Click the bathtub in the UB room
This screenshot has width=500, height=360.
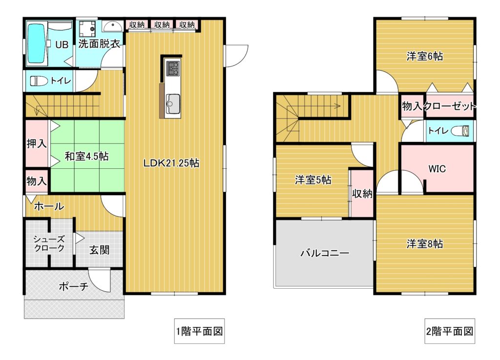coord(36,43)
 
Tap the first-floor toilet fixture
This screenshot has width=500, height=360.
coord(39,81)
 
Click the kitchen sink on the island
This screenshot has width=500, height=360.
coord(172,103)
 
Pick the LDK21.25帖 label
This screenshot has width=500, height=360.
coord(171,163)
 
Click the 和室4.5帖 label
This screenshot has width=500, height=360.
coord(86,156)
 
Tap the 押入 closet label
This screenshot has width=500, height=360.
coord(37,143)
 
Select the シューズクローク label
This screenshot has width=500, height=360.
coord(49,243)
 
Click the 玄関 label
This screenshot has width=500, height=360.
coord(99,250)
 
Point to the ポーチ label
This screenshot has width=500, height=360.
coord(74,286)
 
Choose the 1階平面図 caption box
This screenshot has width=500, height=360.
coord(199,331)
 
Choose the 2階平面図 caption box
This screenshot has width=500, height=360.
coord(450,331)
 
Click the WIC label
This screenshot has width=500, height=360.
coord(437,168)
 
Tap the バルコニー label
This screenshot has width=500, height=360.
coord(325,253)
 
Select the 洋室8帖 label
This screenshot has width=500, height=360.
coord(424,244)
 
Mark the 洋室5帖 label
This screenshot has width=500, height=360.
coord(313,180)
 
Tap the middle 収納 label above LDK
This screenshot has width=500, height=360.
coord(162,24)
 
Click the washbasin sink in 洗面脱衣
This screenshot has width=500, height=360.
coord(112,26)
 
